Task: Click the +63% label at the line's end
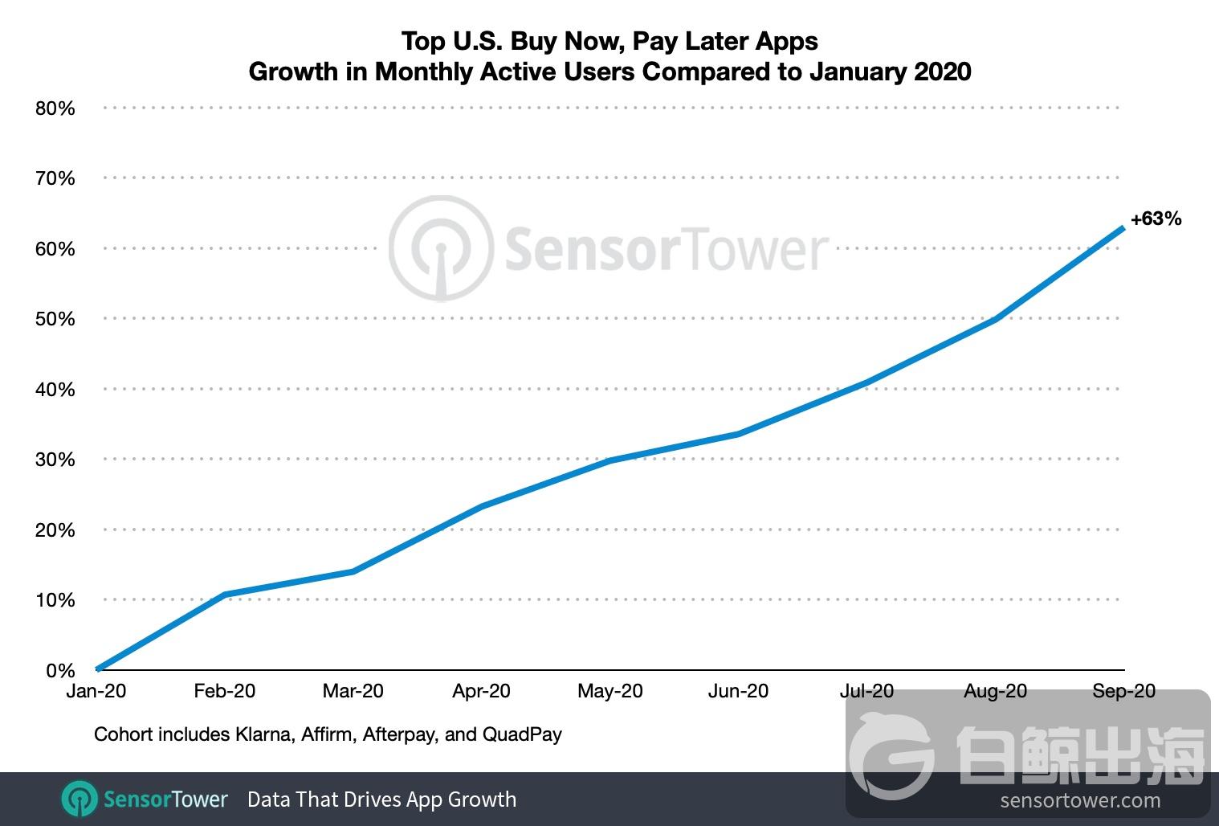point(1156,219)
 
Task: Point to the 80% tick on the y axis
point(55,108)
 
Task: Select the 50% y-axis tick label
point(55,319)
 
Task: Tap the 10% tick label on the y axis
point(55,600)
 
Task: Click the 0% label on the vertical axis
point(60,670)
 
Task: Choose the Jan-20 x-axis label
point(96,691)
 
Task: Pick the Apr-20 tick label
point(481,691)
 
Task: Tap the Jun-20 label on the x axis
point(738,691)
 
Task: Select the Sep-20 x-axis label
point(1123,691)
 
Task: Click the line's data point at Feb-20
point(225,595)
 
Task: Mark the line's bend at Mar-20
point(353,571)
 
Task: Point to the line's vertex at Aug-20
point(996,319)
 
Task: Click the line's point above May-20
point(610,460)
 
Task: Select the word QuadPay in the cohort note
point(522,734)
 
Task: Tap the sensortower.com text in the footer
point(1080,800)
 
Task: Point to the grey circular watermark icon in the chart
point(440,248)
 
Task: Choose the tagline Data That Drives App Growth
point(381,799)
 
